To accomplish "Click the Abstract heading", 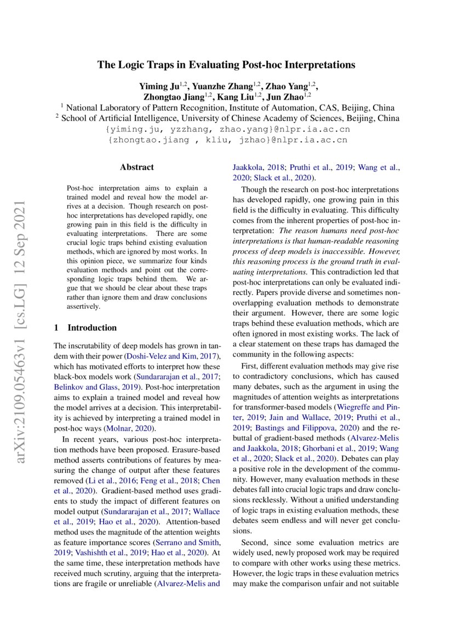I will click(137, 167).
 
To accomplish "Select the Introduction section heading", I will click(91, 328).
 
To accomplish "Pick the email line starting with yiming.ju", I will click(227, 130).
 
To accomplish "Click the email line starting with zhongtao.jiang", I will click(227, 141).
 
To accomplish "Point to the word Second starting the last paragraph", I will click(255, 542).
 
